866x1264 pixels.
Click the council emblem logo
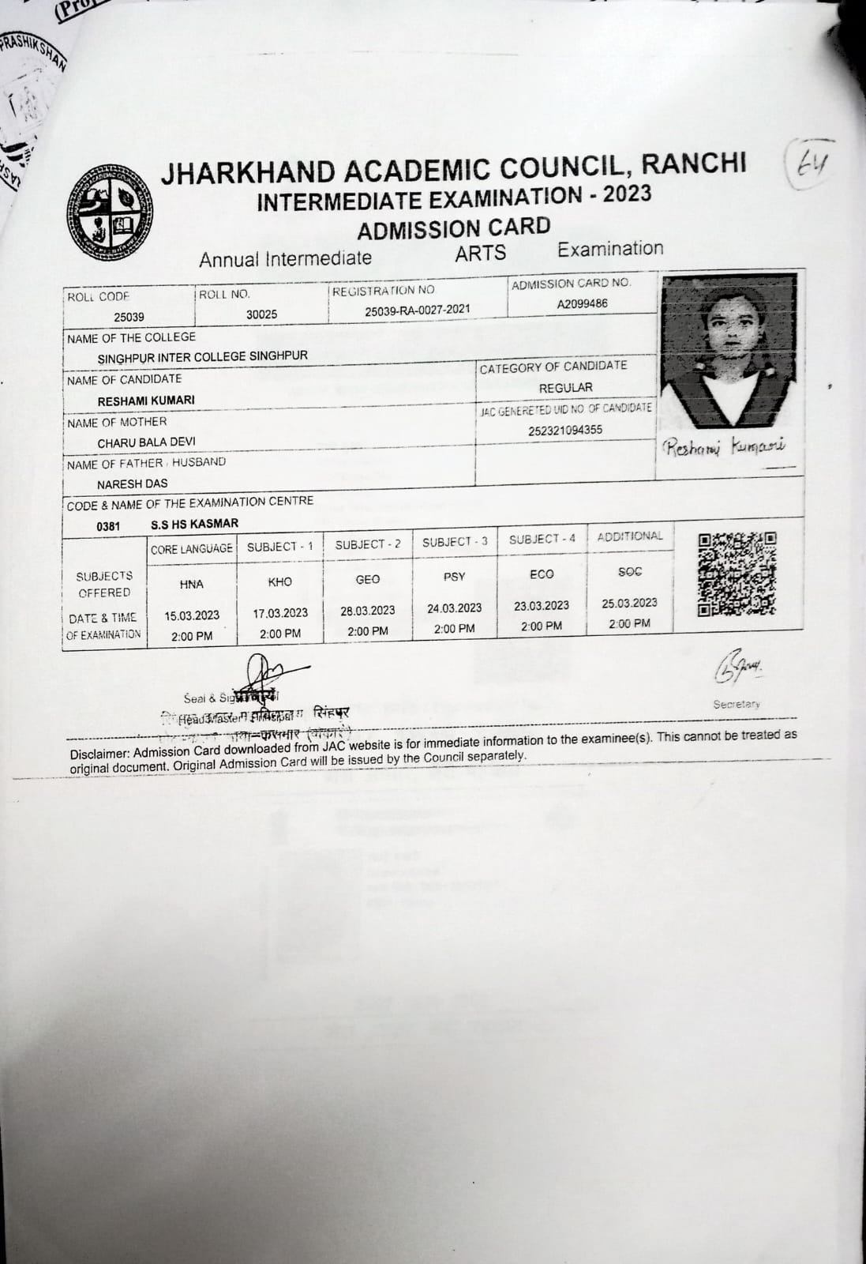(110, 212)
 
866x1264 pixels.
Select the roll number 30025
(261, 314)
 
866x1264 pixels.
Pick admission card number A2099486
(582, 304)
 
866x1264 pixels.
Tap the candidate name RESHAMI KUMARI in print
(146, 401)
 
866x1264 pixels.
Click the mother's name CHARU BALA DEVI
(146, 442)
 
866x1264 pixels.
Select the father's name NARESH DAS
(133, 483)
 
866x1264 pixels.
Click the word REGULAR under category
(565, 388)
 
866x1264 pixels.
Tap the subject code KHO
(279, 582)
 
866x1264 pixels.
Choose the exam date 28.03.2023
(368, 611)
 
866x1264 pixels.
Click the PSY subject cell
(454, 577)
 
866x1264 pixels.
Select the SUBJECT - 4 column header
(542, 540)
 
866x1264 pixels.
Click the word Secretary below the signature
(736, 704)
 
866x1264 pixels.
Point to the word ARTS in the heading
(480, 253)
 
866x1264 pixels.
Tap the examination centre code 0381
(108, 526)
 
